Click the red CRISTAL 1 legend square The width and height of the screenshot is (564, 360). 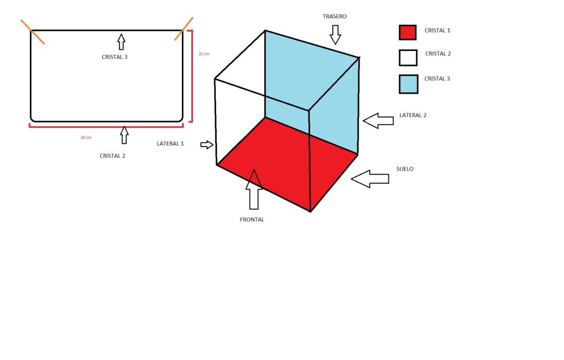408,32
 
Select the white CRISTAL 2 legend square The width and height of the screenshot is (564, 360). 408,58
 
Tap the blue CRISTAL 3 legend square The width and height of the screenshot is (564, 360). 408,84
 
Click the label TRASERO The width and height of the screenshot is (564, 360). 335,17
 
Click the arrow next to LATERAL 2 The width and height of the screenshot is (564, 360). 378,121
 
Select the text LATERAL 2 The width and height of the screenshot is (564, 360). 413,116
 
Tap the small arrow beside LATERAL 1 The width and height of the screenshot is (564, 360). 207,144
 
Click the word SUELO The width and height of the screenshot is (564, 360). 405,169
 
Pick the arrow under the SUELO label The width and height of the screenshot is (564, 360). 370,178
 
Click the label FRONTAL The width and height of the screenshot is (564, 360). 252,220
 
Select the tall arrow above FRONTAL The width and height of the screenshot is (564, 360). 253,190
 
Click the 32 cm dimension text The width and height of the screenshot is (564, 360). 204,54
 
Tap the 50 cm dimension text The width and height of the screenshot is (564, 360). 86,138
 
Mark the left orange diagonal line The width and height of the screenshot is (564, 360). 32,32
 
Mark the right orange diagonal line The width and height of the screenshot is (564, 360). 184,29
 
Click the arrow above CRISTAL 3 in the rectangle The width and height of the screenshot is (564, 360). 121,41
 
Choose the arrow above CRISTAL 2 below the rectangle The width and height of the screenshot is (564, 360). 124,135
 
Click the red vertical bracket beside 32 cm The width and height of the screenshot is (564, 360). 191,76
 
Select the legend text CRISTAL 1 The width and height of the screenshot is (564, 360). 437,30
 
